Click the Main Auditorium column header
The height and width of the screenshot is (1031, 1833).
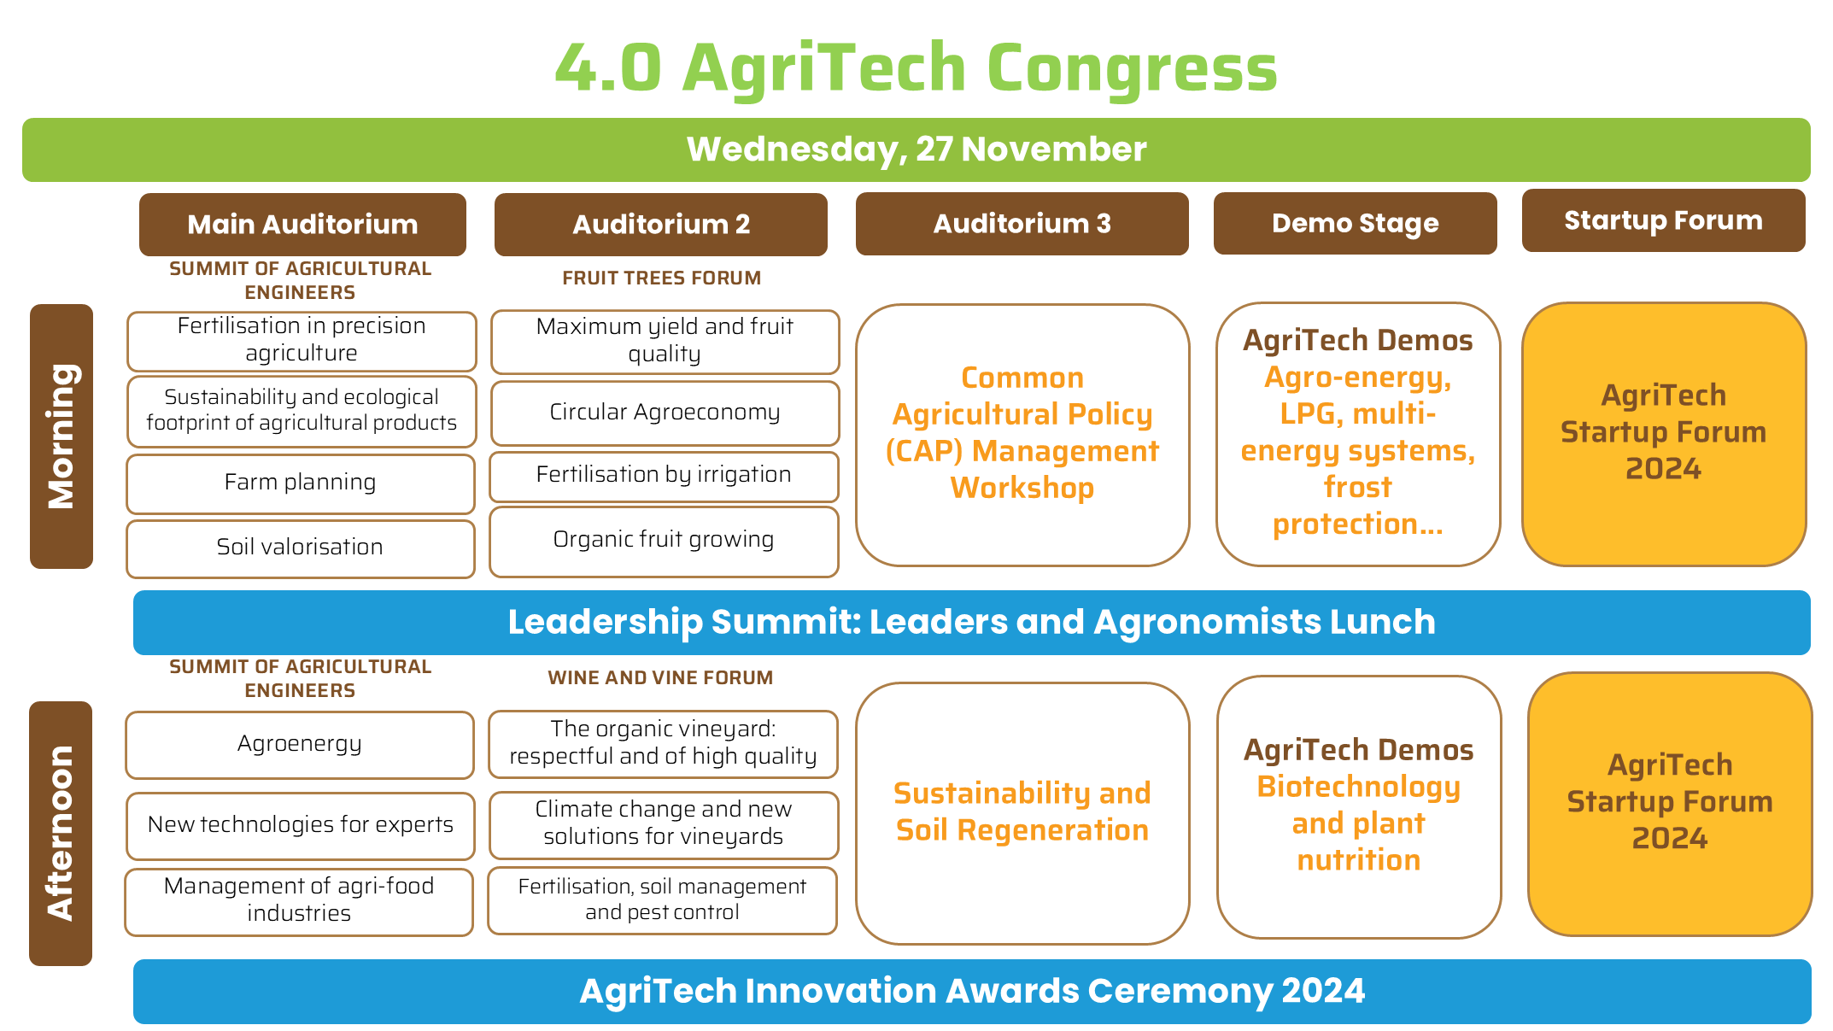click(302, 224)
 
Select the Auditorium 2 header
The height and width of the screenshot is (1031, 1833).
click(661, 224)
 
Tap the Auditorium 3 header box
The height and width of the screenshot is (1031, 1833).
click(1022, 223)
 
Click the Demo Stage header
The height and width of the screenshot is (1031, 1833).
click(1356, 223)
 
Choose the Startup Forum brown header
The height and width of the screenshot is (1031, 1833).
click(1664, 220)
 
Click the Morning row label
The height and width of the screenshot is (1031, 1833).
click(61, 436)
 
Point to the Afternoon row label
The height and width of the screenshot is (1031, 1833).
click(61, 833)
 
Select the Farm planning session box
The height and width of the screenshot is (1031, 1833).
click(301, 483)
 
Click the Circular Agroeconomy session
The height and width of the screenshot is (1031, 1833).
click(665, 413)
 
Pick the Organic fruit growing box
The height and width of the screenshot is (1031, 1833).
click(664, 542)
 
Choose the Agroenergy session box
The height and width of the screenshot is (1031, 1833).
click(300, 745)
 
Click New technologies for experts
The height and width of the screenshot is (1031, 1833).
click(301, 826)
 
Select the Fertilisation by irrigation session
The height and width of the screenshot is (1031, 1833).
click(664, 476)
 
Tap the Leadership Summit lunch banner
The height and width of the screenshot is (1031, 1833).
click(972, 623)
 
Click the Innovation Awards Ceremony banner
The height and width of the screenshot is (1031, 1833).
click(972, 992)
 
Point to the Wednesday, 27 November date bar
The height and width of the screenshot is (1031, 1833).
click(916, 149)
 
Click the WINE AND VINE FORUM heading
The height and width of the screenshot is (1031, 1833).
click(660, 677)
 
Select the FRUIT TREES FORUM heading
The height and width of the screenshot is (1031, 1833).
click(661, 278)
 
